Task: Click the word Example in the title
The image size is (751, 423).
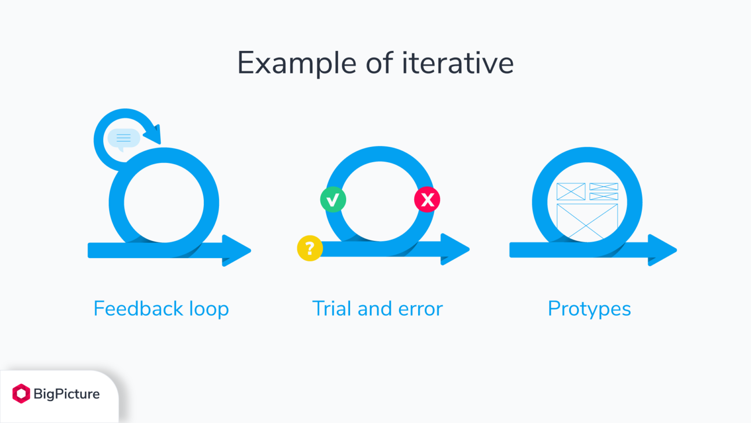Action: (x=296, y=64)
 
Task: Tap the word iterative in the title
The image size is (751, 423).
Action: (x=458, y=64)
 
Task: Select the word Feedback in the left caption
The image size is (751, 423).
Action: (x=138, y=309)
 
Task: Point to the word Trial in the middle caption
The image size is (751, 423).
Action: (x=332, y=309)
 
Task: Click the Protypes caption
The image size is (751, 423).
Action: (x=589, y=309)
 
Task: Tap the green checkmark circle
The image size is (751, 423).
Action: (x=333, y=200)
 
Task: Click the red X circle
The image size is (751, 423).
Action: (x=427, y=200)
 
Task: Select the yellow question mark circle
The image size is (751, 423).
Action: (x=310, y=248)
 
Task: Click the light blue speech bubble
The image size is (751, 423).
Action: (x=124, y=139)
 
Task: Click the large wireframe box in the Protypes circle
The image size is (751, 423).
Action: (x=587, y=222)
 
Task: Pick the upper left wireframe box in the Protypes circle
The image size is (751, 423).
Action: (x=571, y=191)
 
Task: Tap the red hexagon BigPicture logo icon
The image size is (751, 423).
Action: (x=21, y=394)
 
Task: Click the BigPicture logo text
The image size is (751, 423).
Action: (x=66, y=394)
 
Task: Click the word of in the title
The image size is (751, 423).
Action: (x=379, y=64)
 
